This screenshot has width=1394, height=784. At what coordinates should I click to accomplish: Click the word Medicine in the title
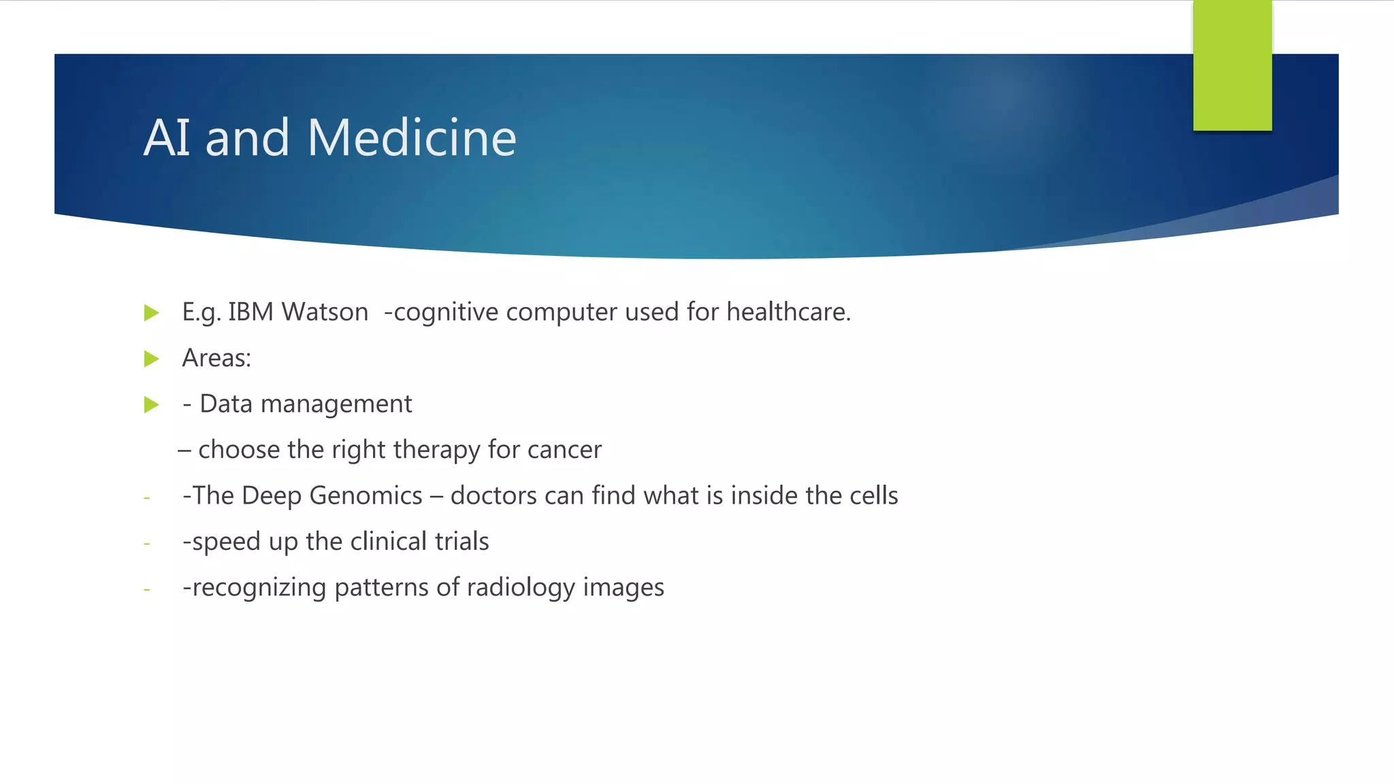(411, 138)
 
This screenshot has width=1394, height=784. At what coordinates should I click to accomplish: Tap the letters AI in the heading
(167, 138)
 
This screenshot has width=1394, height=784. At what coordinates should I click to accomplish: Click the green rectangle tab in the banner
(1232, 66)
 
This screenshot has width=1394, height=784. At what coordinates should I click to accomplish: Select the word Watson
(325, 312)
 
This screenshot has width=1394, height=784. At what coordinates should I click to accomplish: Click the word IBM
(250, 312)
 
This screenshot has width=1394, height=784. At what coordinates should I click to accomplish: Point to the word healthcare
(788, 312)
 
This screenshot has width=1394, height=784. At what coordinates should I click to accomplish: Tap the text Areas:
(216, 359)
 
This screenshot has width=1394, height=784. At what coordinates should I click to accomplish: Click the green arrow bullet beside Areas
(152, 359)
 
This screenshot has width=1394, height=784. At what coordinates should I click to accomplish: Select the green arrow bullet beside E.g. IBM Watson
(152, 313)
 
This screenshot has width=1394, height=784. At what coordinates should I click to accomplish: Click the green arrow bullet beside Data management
(152, 405)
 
